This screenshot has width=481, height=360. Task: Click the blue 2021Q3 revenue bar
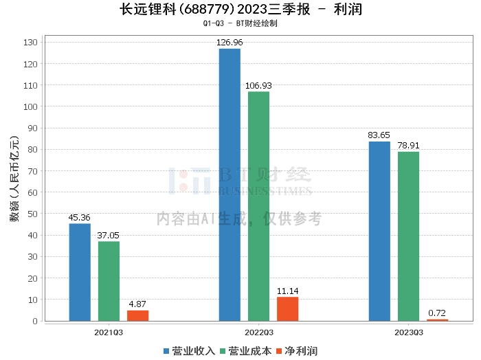coord(80,272)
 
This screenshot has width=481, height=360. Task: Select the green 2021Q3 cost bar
coord(109,281)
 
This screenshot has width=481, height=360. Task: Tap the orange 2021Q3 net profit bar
coord(137,315)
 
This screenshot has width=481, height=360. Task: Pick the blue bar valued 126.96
coord(230,185)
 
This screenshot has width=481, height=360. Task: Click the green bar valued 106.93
coord(258,206)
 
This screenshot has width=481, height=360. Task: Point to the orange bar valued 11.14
coord(287,308)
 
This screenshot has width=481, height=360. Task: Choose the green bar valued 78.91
coord(408,236)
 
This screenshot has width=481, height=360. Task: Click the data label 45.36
coord(80,218)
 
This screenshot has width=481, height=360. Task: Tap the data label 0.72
coord(437,313)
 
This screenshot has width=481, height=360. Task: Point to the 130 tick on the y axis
coord(30,43)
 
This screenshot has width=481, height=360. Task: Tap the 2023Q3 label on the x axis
coord(408,332)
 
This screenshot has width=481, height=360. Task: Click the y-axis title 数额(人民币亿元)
coord(13,183)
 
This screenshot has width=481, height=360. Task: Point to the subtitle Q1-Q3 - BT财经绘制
coord(240,23)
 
